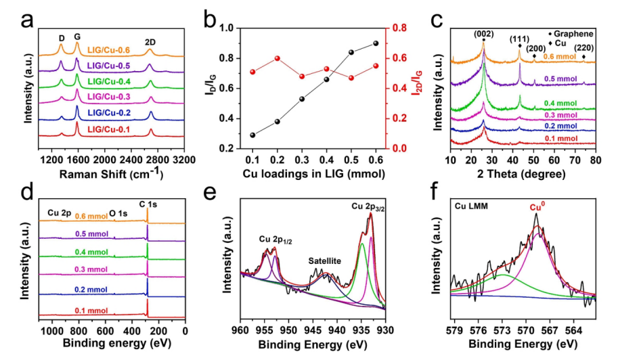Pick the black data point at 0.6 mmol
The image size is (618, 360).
click(376, 43)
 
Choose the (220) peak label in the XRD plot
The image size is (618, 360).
click(584, 47)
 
